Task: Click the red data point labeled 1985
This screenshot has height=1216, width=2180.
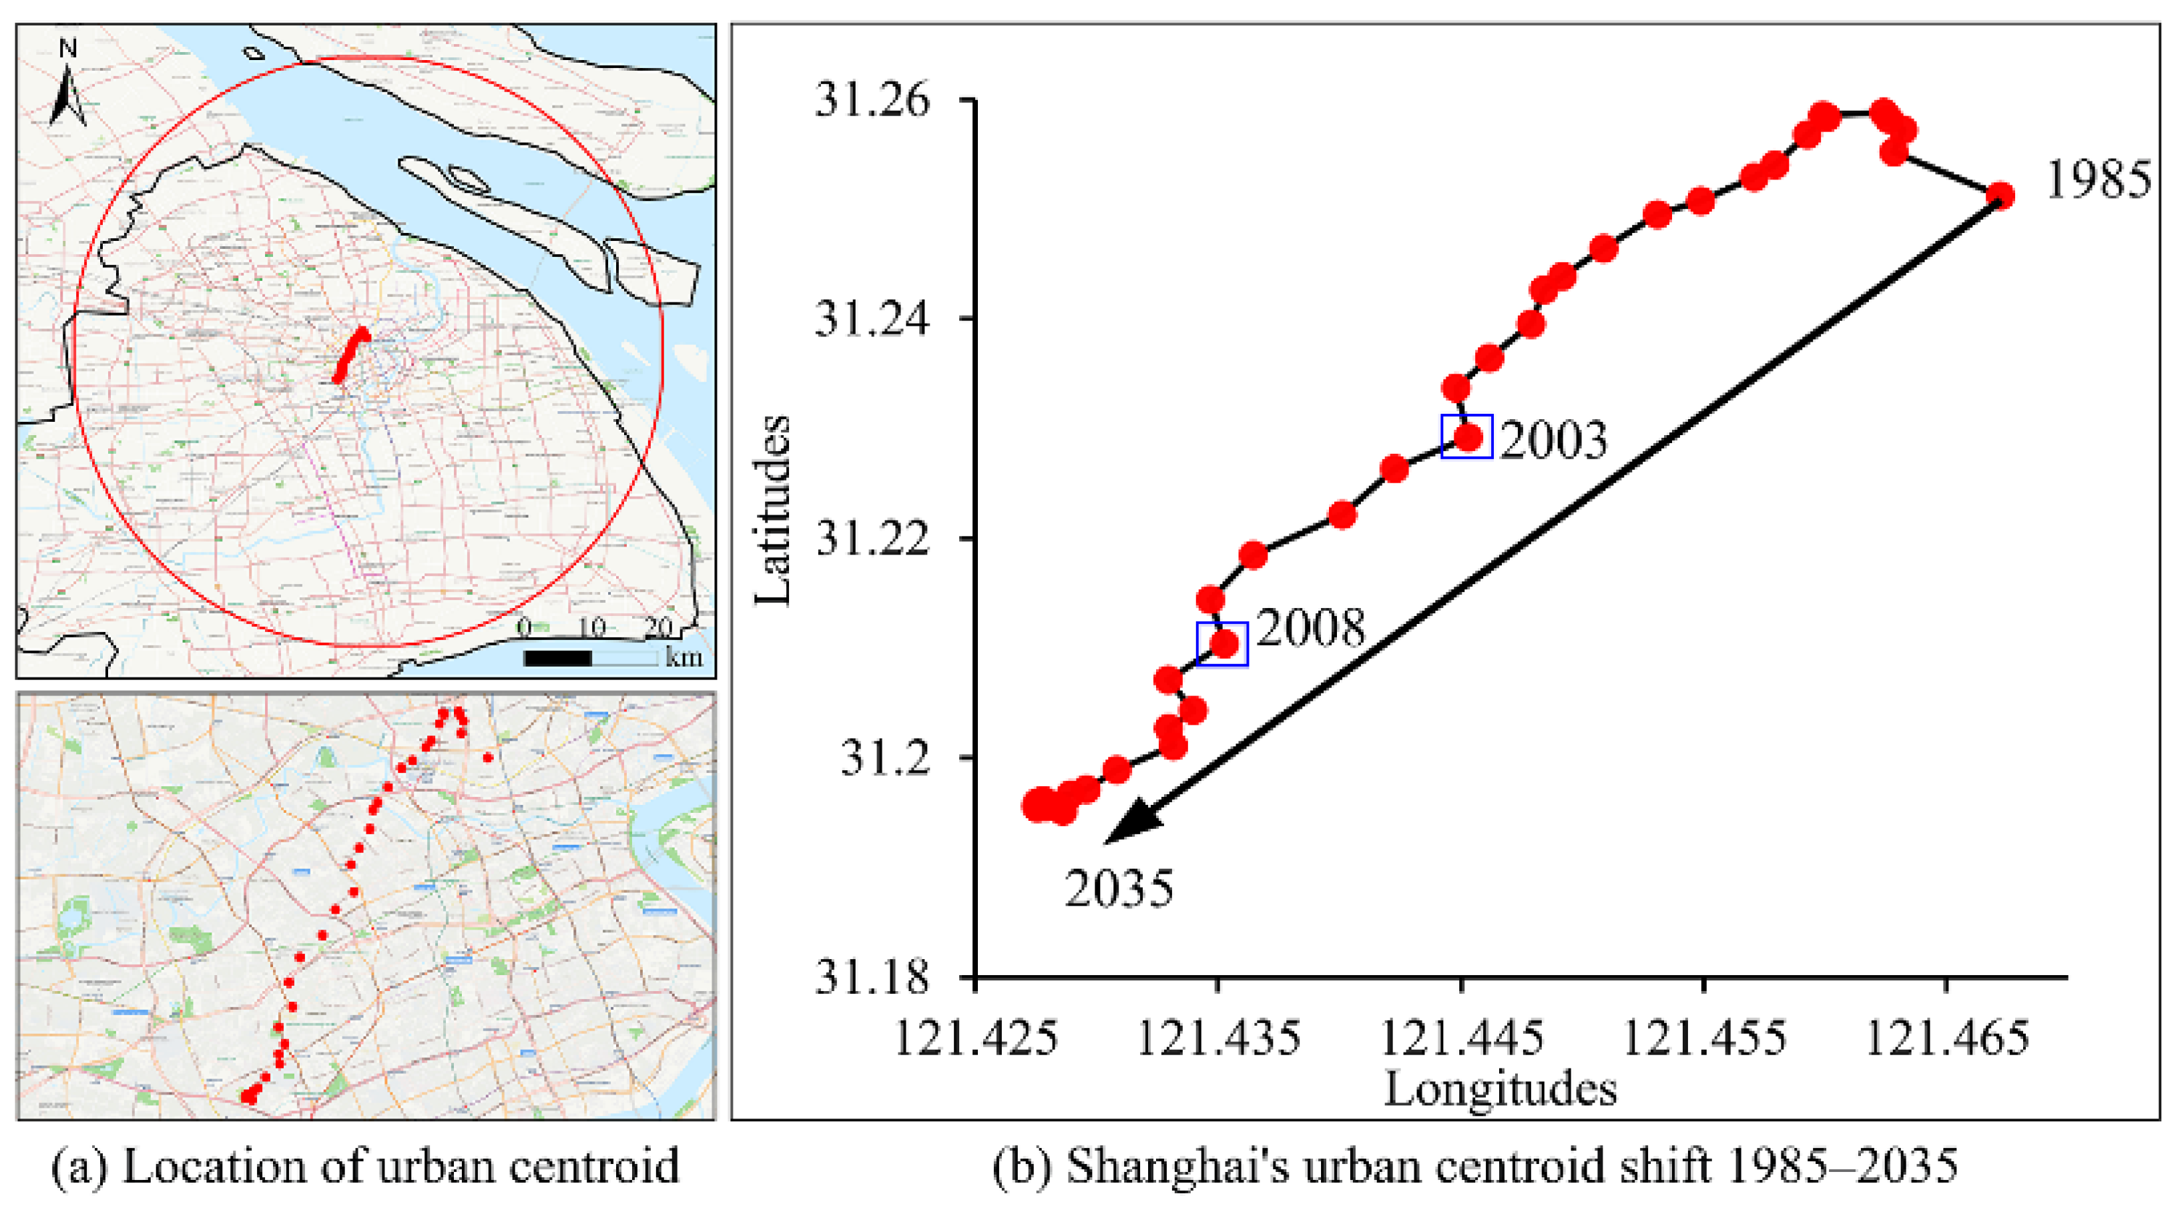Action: [x=2000, y=196]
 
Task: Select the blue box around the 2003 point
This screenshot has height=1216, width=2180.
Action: [x=1466, y=436]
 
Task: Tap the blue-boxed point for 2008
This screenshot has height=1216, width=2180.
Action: [x=1223, y=645]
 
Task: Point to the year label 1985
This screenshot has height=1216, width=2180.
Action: [x=2098, y=180]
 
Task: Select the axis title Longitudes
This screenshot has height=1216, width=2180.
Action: [x=1501, y=1089]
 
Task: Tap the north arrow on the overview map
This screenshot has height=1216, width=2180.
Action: [x=67, y=85]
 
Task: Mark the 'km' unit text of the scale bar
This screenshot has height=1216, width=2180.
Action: [x=684, y=657]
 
